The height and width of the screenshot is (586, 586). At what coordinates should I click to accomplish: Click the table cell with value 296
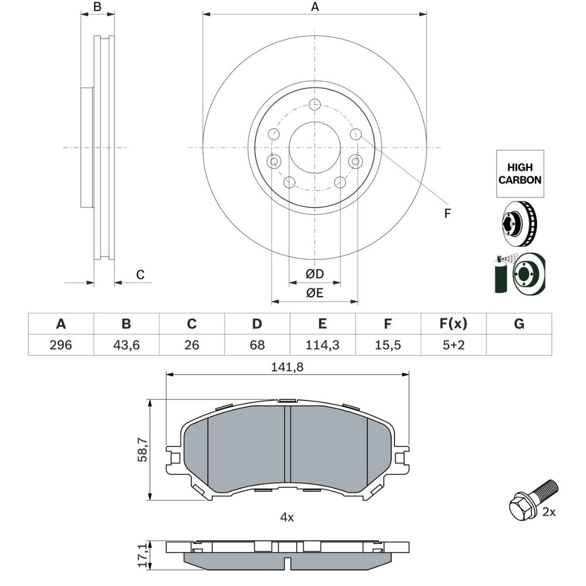pyautogui.click(x=61, y=345)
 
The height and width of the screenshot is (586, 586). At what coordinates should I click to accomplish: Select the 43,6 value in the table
pyautogui.click(x=126, y=345)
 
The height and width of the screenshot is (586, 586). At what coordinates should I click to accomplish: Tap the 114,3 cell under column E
pyautogui.click(x=322, y=345)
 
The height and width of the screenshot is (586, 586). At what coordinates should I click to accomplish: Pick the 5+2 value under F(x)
pyautogui.click(x=453, y=345)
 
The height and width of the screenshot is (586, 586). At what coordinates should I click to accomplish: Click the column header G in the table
pyautogui.click(x=519, y=324)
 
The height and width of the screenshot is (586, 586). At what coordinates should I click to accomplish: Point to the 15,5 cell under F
pyautogui.click(x=388, y=345)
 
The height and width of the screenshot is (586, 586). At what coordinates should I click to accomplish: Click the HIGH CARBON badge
pyautogui.click(x=520, y=174)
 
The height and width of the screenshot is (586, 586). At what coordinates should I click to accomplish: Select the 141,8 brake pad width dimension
pyautogui.click(x=287, y=367)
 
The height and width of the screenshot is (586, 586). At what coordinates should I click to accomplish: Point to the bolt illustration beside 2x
pyautogui.click(x=531, y=499)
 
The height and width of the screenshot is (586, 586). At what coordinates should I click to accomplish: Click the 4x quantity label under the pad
pyautogui.click(x=287, y=517)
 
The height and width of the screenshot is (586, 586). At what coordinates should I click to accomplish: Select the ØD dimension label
pyautogui.click(x=314, y=274)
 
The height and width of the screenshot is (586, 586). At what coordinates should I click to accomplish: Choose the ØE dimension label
pyautogui.click(x=314, y=293)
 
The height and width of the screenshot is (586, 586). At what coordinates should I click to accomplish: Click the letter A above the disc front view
pyautogui.click(x=315, y=7)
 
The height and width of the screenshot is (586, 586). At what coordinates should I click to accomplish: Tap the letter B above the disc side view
pyautogui.click(x=97, y=7)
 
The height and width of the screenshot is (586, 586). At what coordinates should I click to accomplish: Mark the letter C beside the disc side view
pyautogui.click(x=140, y=275)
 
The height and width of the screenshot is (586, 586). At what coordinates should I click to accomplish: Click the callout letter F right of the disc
pyautogui.click(x=447, y=213)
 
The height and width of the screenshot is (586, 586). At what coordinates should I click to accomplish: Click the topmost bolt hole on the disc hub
pyautogui.click(x=314, y=104)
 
